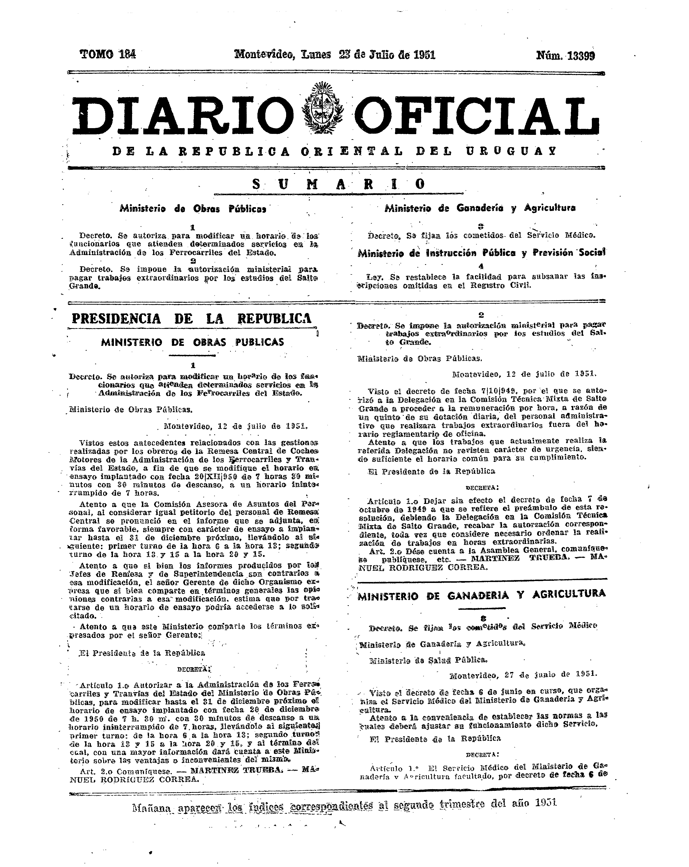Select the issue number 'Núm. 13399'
click(565, 56)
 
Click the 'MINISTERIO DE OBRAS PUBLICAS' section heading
click(192, 342)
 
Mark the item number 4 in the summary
click(481, 266)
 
